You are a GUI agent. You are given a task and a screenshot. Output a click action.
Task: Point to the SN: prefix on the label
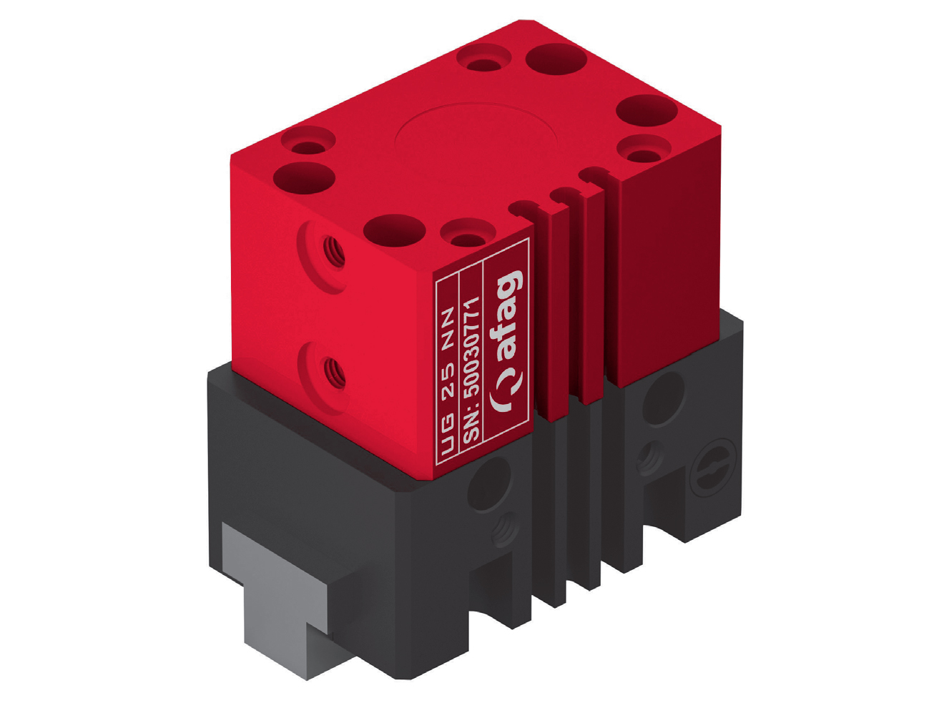(470, 428)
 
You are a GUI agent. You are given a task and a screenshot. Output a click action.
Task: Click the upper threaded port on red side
(330, 250)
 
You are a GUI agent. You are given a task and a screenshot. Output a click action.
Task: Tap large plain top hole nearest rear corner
(558, 59)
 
